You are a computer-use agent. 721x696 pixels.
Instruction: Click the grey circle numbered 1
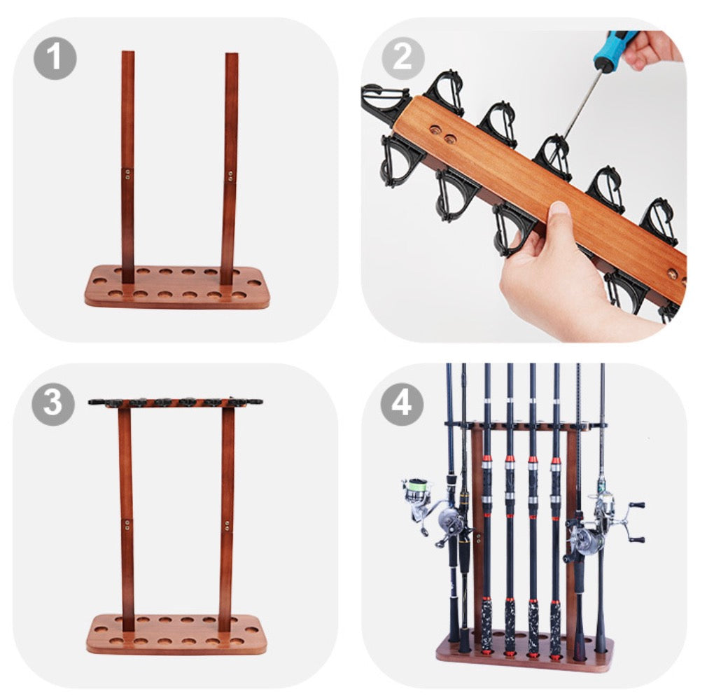point(55,58)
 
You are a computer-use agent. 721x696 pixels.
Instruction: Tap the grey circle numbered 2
point(402,58)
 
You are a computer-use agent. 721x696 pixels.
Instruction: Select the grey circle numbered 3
point(53,403)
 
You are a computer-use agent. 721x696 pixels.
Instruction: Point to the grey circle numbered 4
point(402,403)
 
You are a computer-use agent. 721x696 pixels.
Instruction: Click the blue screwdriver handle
point(615,46)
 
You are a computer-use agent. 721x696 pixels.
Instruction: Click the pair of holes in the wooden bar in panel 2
point(442,134)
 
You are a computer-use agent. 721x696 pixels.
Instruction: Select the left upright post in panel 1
point(128,167)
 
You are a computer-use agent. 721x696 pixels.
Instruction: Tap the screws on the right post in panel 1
point(230,176)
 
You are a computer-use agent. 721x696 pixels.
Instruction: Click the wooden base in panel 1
point(177,286)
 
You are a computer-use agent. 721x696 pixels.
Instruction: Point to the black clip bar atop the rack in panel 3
point(175,403)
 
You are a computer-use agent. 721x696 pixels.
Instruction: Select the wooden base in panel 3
point(176,634)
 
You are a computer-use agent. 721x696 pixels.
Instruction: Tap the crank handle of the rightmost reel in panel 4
point(635,522)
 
